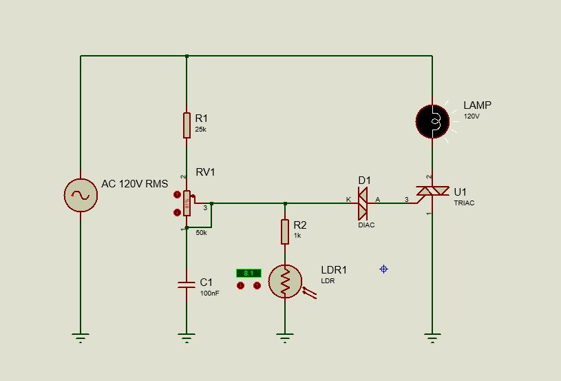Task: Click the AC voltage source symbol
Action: (81, 195)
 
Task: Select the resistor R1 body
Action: (187, 125)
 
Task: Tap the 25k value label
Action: (200, 130)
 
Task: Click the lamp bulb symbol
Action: (432, 122)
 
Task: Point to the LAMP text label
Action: (477, 105)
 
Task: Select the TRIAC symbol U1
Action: (433, 195)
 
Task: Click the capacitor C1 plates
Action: (186, 285)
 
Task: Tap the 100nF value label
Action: (209, 294)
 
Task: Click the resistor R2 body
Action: (285, 231)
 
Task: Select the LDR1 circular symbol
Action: (285, 280)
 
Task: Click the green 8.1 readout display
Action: (248, 273)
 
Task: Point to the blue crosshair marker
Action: (383, 269)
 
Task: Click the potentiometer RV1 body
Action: (187, 203)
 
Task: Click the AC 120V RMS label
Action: (134, 184)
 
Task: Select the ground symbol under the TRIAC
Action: (432, 338)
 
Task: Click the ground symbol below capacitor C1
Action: (186, 338)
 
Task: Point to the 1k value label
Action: (297, 236)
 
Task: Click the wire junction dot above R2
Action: (285, 203)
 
